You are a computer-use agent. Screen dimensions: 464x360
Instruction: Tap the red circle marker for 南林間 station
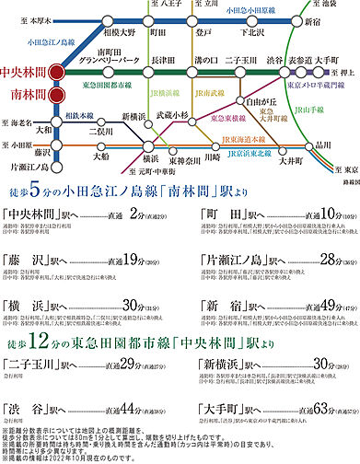(x=57, y=93)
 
